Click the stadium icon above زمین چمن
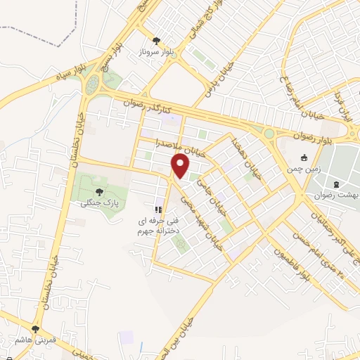(304, 158)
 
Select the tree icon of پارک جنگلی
(97, 190)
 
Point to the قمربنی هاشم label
(35, 340)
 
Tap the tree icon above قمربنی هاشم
(35, 328)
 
